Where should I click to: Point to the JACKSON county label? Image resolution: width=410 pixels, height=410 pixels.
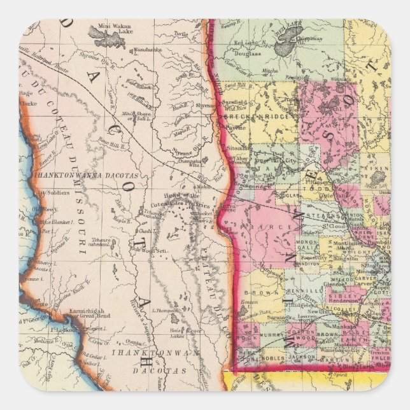[x=301, y=358]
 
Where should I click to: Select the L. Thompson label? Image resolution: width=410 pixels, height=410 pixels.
[x=166, y=309]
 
